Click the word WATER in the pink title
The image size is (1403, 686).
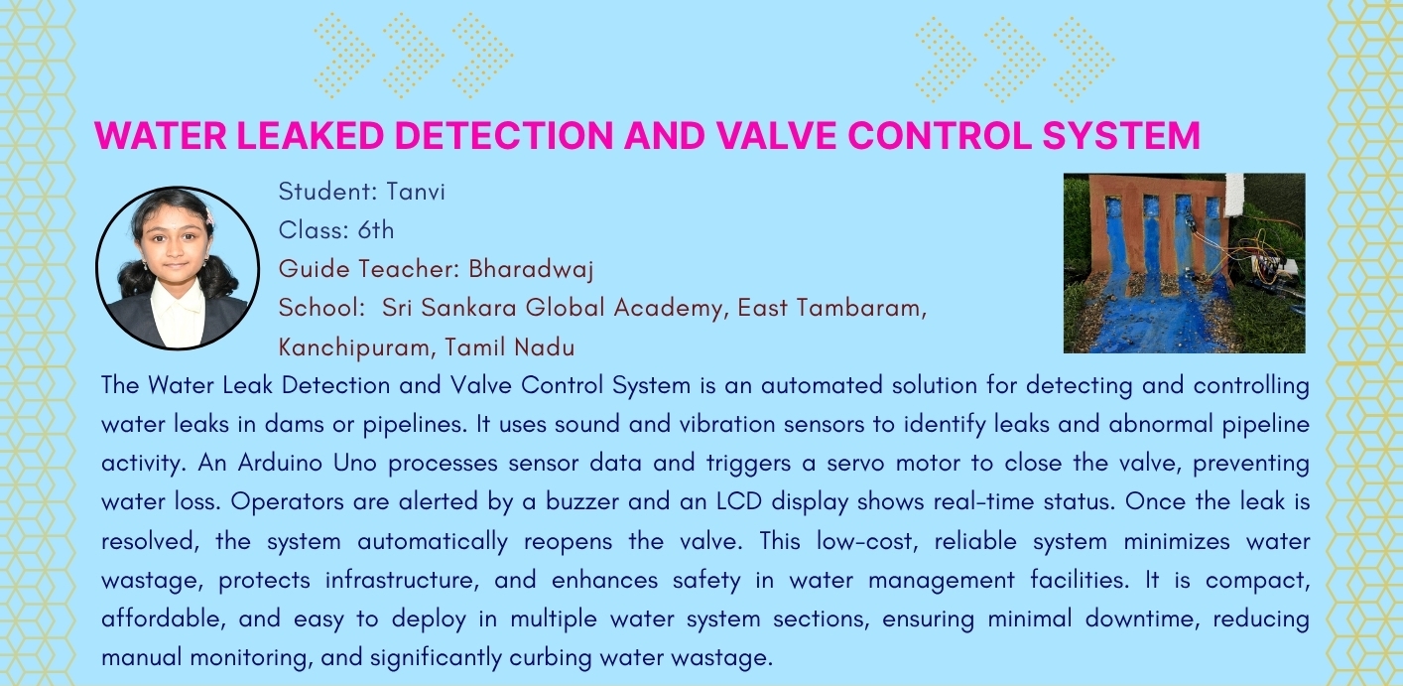[x=161, y=135]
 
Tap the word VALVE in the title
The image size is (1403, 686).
[x=776, y=135]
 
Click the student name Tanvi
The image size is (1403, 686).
[x=416, y=192]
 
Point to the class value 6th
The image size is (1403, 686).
[x=376, y=230]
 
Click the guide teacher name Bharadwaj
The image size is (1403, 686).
[x=531, y=269]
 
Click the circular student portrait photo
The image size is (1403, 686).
[x=178, y=268]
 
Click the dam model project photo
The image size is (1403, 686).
[x=1185, y=263]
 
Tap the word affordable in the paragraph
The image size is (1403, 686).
[x=162, y=618]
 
